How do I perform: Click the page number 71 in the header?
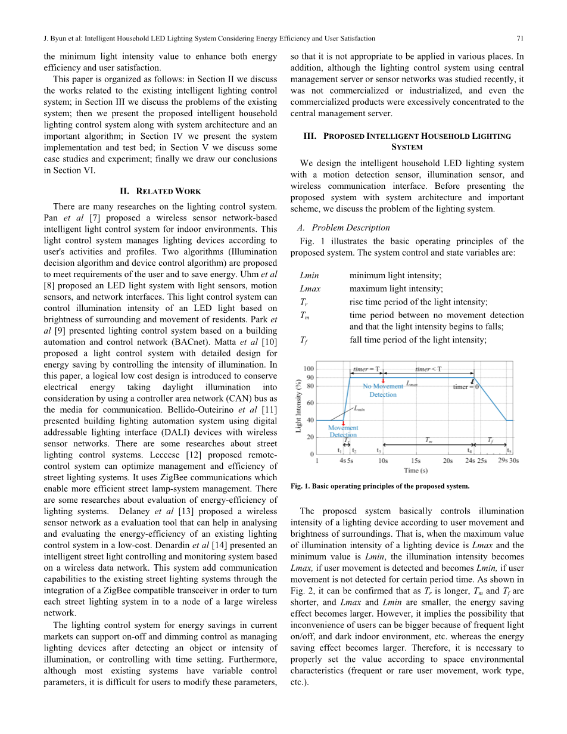click(x=520, y=39)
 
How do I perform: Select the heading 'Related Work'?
click(x=160, y=191)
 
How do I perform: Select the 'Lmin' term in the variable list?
click(x=309, y=276)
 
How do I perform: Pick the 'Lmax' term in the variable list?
click(x=310, y=289)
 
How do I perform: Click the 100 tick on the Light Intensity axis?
click(x=309, y=369)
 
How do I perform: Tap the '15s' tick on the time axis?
click(x=416, y=460)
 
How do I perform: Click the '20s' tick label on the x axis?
click(x=448, y=460)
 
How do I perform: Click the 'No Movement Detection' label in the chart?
click(x=382, y=390)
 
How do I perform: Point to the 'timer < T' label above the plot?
click(x=429, y=369)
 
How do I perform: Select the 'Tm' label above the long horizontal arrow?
click(x=428, y=440)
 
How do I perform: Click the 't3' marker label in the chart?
click(x=379, y=451)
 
